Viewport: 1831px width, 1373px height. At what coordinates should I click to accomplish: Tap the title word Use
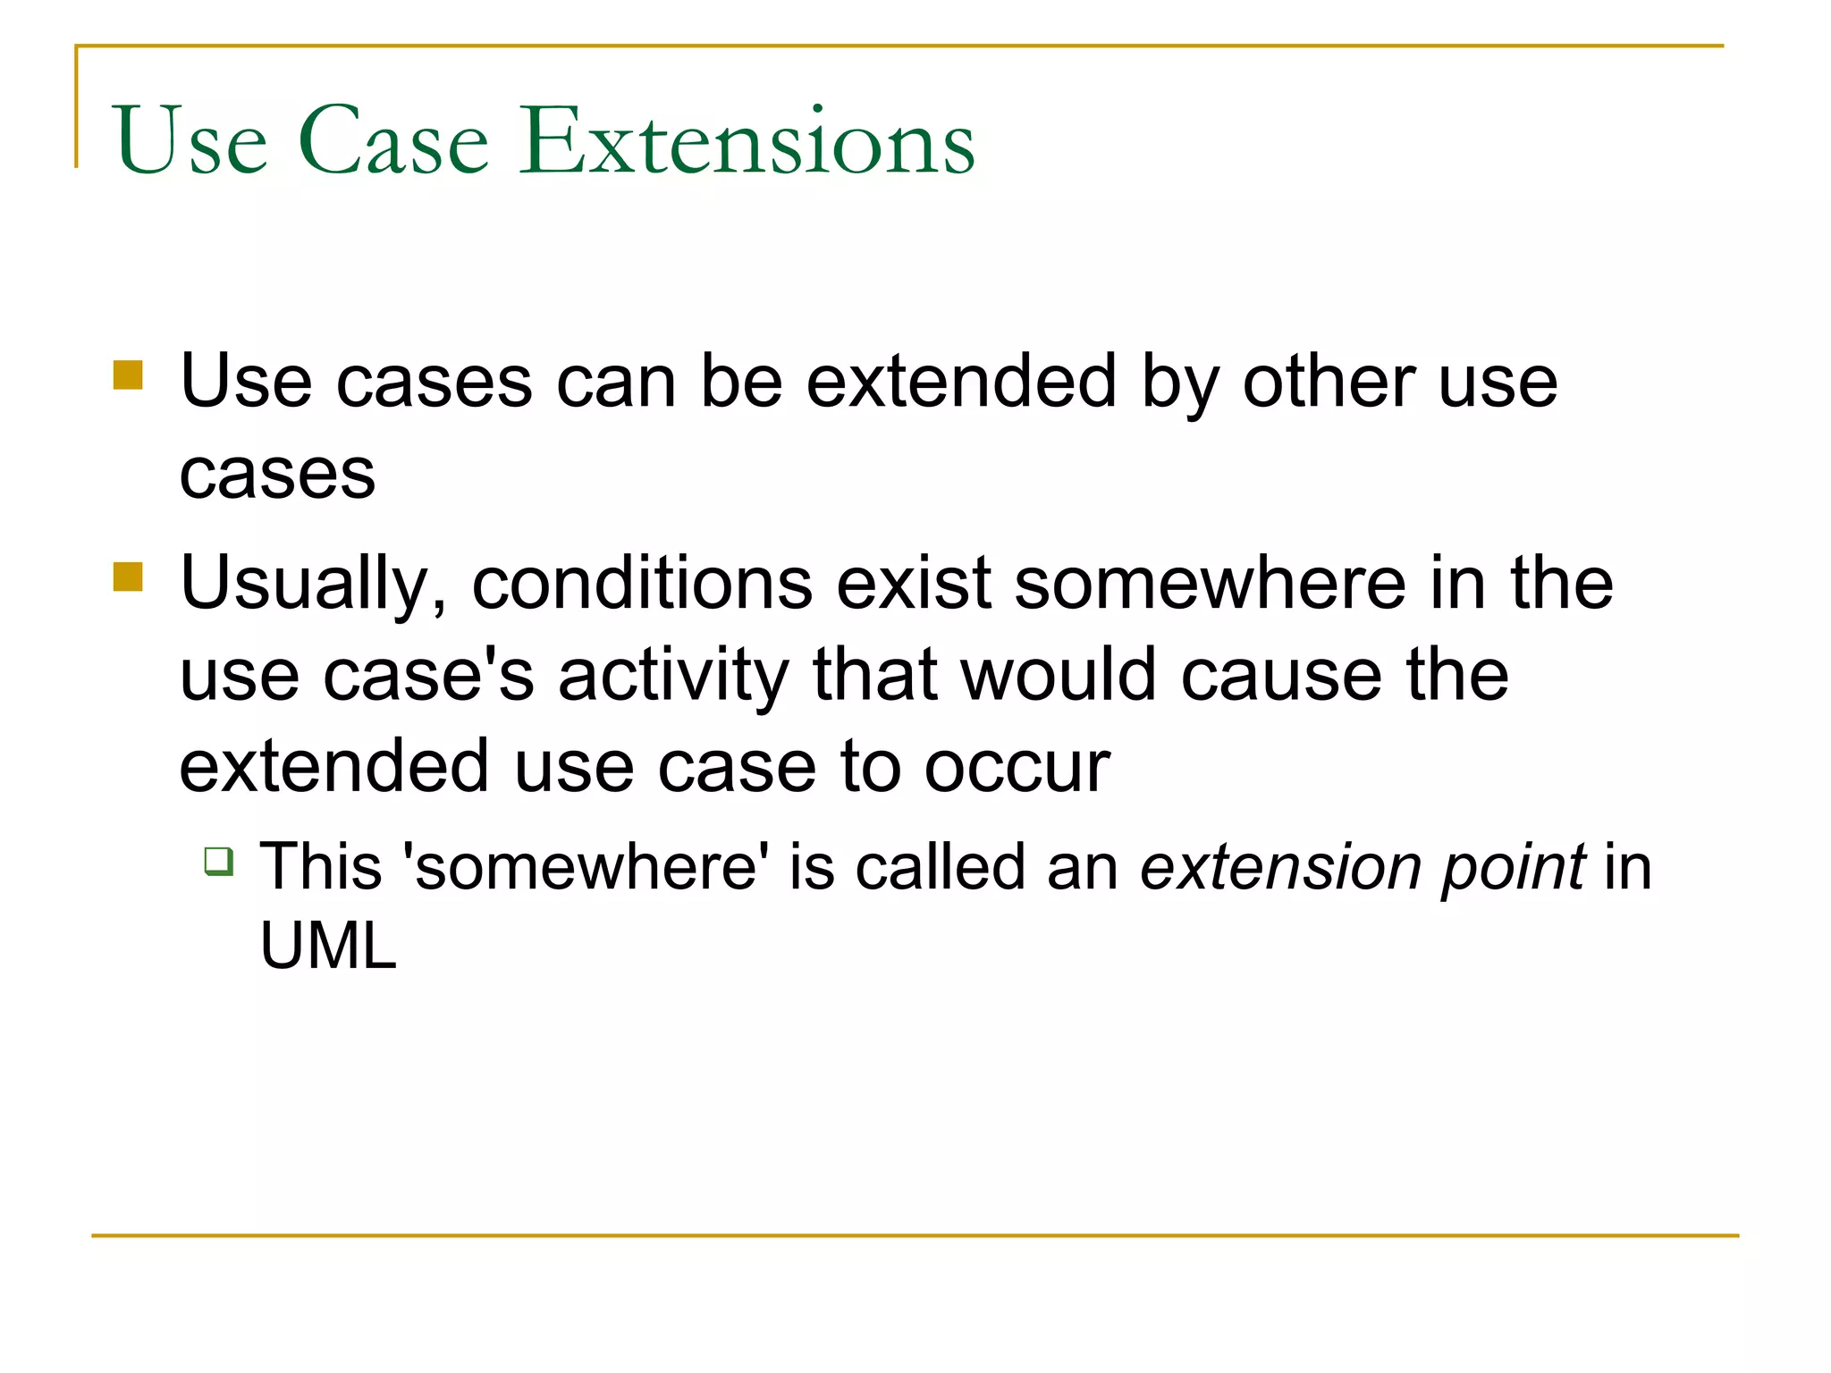tap(190, 141)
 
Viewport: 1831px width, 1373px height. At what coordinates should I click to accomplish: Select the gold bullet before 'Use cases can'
tap(129, 375)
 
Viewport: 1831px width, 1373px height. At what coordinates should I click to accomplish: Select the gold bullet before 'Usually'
tap(129, 577)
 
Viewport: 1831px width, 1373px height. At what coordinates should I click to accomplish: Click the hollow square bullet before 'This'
tap(219, 861)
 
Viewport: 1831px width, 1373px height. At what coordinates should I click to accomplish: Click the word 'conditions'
tap(642, 584)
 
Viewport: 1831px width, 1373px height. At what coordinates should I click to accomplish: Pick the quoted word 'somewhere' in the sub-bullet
tap(586, 867)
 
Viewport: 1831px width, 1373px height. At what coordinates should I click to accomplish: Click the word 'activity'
tap(673, 677)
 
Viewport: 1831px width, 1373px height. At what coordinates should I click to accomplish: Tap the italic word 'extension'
tap(1280, 867)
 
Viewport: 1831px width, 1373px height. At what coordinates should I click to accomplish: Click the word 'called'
tap(939, 867)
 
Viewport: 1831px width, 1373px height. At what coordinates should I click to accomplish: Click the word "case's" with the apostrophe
tap(428, 677)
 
